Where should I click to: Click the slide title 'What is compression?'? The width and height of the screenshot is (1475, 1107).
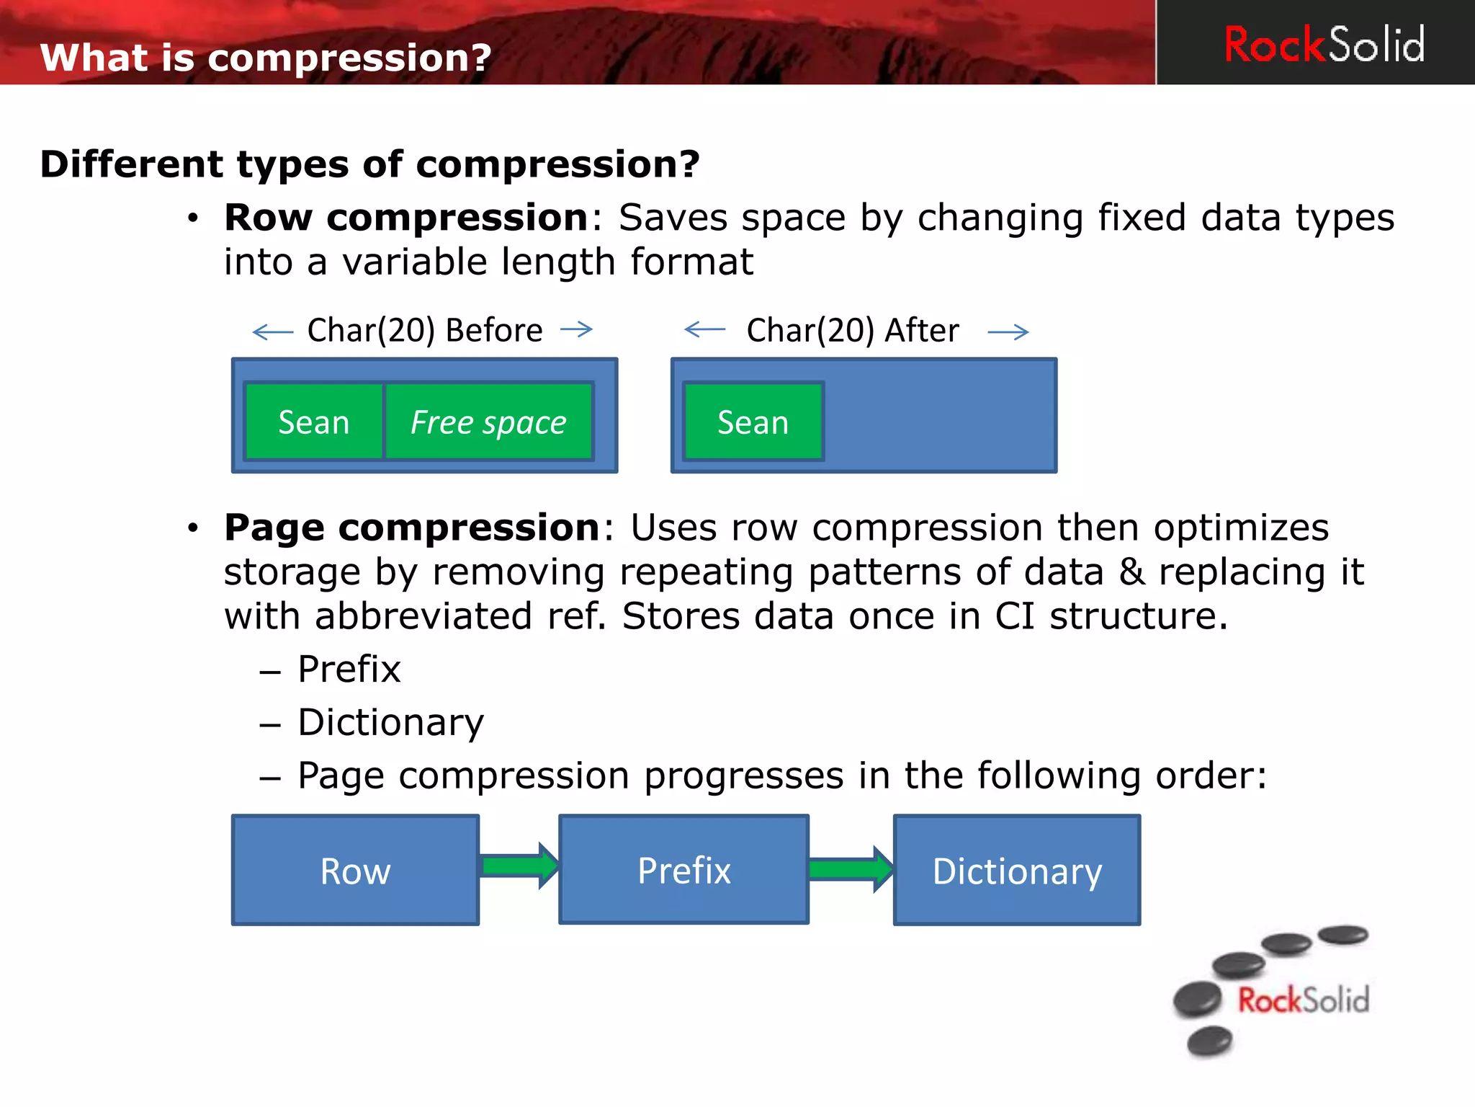266,58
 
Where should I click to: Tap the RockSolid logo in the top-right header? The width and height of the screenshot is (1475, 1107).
1324,45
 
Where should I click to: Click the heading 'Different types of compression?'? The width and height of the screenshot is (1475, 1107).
369,164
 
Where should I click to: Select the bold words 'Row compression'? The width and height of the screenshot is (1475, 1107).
406,218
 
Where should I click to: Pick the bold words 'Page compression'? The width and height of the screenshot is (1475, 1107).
412,528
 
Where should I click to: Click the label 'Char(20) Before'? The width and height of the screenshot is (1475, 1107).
425,330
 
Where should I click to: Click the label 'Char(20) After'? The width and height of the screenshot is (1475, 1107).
853,330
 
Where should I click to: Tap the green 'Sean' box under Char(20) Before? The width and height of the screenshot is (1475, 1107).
314,422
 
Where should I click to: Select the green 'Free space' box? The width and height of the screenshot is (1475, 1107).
488,422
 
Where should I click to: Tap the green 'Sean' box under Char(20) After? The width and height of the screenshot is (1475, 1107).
753,422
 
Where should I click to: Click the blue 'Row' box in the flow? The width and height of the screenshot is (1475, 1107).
355,871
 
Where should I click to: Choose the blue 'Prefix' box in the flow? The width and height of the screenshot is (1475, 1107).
683,870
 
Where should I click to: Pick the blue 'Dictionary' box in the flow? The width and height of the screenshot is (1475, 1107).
1017,871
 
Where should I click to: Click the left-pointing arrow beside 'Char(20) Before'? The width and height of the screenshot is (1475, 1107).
273,332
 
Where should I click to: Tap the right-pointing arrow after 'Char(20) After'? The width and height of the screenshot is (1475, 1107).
1008,332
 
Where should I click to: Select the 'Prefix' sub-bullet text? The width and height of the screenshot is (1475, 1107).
349,669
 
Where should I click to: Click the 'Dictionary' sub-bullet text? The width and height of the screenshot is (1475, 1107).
391,722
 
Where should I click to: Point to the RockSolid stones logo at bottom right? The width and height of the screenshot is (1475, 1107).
1272,990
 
